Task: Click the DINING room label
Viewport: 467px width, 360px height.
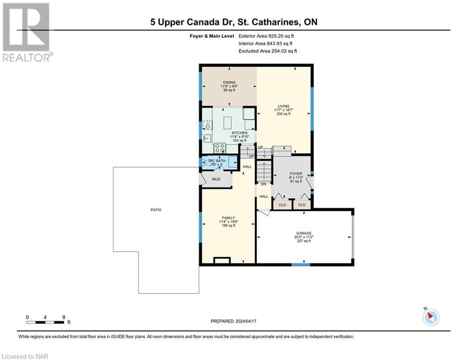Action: tap(229, 82)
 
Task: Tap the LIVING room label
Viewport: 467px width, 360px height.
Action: tap(283, 106)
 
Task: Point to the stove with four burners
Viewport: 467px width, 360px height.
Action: tap(219, 148)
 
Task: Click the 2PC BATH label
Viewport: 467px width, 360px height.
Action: tap(217, 161)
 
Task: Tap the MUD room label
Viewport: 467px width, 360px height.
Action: tap(216, 179)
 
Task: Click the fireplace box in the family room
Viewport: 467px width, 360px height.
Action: tap(222, 260)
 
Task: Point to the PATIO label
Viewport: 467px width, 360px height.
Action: tap(156, 210)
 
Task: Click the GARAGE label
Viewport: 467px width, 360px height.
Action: tap(304, 233)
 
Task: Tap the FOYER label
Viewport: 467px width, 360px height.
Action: tap(295, 173)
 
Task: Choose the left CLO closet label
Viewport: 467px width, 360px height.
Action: tap(282, 205)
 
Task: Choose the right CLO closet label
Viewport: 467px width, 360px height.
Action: tap(302, 205)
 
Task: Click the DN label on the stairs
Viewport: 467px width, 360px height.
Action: tap(263, 184)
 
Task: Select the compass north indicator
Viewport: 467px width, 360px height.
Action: tap(430, 317)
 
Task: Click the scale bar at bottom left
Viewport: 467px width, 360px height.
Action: tap(46, 322)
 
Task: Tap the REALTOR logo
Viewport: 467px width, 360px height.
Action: tap(26, 33)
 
